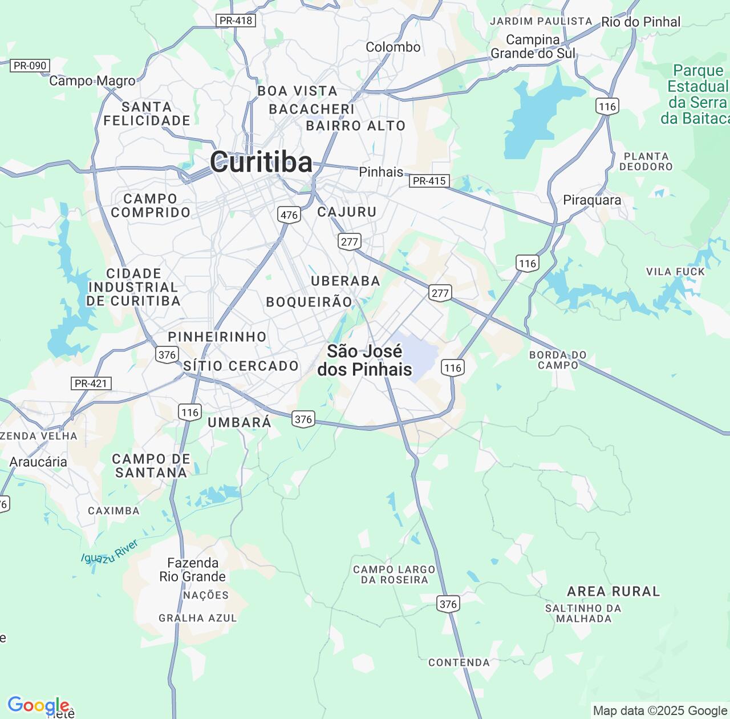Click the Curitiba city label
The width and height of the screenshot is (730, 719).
pos(261,162)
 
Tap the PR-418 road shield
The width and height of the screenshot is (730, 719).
pos(236,21)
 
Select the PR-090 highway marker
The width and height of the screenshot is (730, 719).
pos(30,66)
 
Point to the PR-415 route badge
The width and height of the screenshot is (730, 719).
pos(429,181)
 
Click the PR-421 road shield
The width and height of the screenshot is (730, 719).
pos(91,383)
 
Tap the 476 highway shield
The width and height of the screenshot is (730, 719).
pos(289,215)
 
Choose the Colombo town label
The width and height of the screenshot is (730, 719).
pos(393,47)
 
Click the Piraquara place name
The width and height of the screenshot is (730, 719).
pos(592,200)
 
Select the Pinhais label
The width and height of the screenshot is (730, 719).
pos(381,172)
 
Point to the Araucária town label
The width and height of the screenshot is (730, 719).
pos(38,462)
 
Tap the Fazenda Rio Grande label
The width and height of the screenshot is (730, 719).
pos(193,569)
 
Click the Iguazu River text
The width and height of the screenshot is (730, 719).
pos(109,552)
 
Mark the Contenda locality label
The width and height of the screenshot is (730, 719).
pos(459,663)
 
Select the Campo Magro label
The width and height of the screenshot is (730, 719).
pos(92,81)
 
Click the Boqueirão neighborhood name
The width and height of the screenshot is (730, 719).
pos(309,302)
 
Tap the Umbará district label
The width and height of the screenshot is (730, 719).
pos(240,422)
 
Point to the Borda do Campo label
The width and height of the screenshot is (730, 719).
pos(558,359)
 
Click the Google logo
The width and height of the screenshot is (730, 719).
pos(38,706)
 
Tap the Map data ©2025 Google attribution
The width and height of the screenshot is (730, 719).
pos(660,710)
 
